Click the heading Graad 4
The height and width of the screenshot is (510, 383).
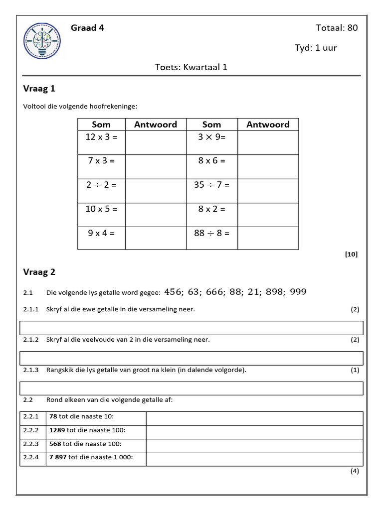[x=87, y=28]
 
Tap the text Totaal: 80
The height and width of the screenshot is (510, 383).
[x=337, y=28]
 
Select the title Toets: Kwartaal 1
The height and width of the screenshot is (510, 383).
[x=191, y=67]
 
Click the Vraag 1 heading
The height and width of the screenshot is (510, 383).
[x=39, y=89]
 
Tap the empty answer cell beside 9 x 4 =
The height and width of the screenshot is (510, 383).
[x=156, y=237]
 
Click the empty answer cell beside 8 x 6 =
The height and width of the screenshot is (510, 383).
[x=268, y=166]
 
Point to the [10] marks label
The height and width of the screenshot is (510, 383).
[x=351, y=254]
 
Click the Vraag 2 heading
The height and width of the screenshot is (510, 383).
[x=39, y=272]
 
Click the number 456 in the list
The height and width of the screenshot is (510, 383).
[x=173, y=292]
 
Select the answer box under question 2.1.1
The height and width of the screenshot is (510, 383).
[x=191, y=328]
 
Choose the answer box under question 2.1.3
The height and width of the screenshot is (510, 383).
[x=191, y=388]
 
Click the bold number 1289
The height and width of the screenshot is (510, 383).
[x=57, y=430]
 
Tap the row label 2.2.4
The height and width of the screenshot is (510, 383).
[x=30, y=457]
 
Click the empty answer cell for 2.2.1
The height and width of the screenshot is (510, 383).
[x=254, y=417]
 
